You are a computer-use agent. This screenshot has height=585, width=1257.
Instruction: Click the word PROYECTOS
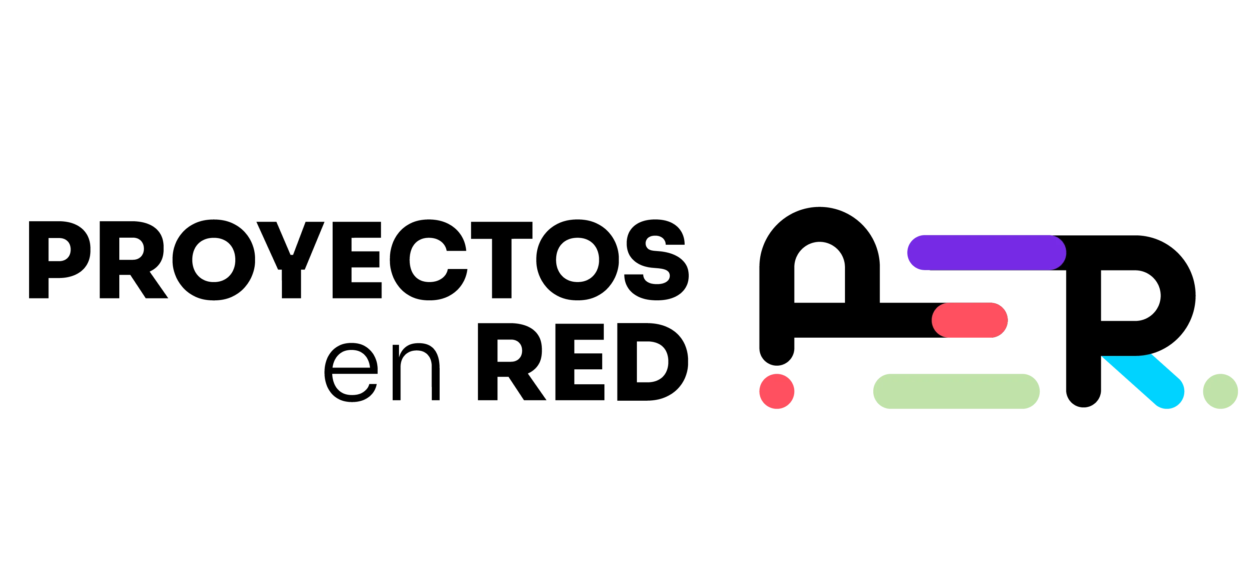(359, 260)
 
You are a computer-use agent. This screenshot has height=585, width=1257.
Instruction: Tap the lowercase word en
(382, 372)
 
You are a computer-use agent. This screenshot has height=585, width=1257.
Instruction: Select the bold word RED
(582, 362)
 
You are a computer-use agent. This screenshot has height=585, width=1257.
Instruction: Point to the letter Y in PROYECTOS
(291, 260)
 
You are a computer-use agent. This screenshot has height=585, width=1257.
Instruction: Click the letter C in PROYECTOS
(428, 260)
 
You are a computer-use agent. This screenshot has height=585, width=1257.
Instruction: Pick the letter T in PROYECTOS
(502, 260)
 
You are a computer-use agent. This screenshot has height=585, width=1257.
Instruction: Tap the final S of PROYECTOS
(656, 260)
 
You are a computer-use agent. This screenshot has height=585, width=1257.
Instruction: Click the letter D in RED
(653, 362)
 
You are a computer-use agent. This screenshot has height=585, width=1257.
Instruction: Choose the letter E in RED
(580, 362)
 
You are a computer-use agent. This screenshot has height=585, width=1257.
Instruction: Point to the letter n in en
(416, 372)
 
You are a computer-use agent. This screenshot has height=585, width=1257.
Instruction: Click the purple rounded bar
(987, 253)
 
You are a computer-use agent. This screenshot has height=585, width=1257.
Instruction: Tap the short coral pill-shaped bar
(970, 320)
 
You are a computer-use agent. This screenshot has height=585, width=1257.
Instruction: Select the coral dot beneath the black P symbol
(777, 391)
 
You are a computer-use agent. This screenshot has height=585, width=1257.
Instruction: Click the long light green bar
(956, 391)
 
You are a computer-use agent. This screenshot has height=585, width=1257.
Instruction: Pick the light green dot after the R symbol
(1220, 391)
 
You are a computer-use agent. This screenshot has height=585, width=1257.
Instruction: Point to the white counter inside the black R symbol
(1129, 295)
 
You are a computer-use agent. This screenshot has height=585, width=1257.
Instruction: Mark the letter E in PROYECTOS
(357, 260)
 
